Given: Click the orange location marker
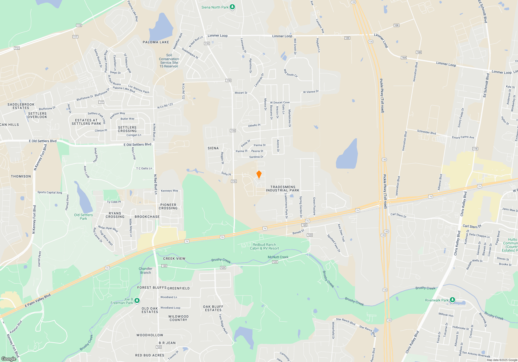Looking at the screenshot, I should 259,174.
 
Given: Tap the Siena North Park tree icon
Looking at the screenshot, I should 232,7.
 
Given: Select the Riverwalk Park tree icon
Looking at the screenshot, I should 452,300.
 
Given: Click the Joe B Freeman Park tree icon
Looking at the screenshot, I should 137,300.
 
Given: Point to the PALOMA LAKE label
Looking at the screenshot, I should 156,42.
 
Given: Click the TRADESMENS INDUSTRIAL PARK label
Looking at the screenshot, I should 283,188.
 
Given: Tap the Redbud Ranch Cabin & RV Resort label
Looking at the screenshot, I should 264,246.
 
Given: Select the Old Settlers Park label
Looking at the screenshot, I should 83,217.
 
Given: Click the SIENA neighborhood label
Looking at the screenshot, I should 213,148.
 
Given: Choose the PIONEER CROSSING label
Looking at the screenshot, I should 168,206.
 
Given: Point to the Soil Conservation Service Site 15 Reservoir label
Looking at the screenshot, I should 169,61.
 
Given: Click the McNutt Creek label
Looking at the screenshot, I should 278,257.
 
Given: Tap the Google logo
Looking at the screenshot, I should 9,359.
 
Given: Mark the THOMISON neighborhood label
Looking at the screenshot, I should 21,176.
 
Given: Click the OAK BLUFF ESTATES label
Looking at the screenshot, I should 213,308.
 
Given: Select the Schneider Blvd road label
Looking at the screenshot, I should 426,132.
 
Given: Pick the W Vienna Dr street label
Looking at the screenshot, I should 311,92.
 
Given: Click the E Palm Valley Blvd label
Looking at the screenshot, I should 38,300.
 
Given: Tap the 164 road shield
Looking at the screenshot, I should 404,58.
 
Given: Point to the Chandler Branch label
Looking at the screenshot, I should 145,270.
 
